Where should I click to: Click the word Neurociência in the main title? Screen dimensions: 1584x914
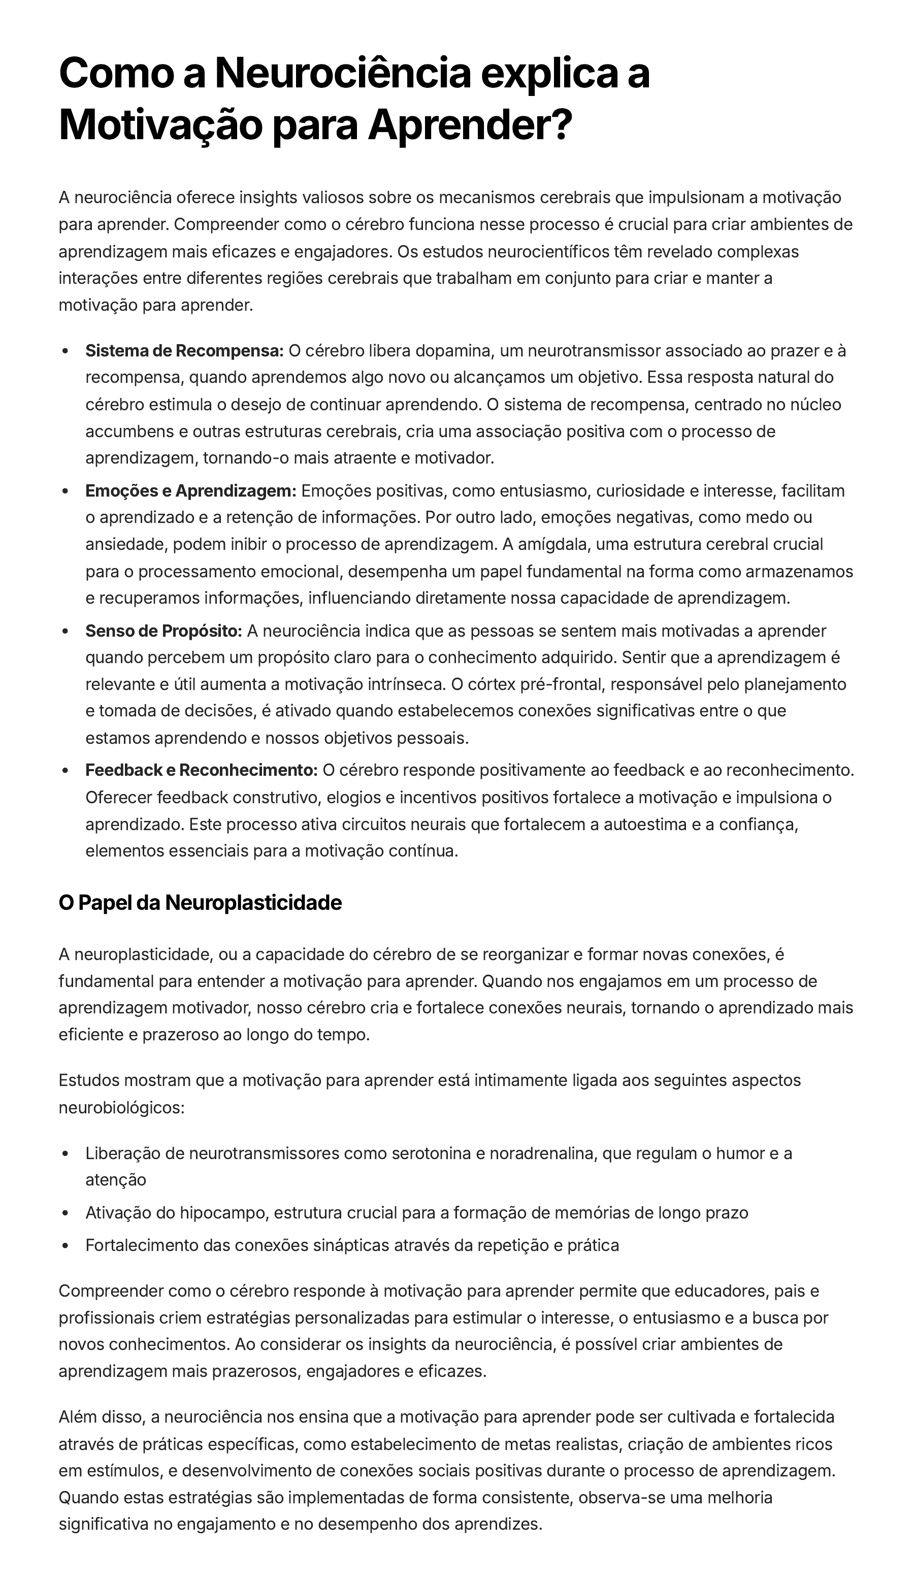click(x=342, y=74)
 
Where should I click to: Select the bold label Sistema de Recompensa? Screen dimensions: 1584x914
click(x=184, y=351)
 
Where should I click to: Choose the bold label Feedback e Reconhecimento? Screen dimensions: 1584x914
click(x=202, y=770)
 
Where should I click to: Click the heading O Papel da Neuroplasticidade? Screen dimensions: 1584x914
click(x=200, y=903)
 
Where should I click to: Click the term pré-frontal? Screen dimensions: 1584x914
click(x=559, y=684)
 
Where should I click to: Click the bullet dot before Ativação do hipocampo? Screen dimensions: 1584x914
click(x=66, y=1213)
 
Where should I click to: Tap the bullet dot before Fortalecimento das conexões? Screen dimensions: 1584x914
click(x=66, y=1246)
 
